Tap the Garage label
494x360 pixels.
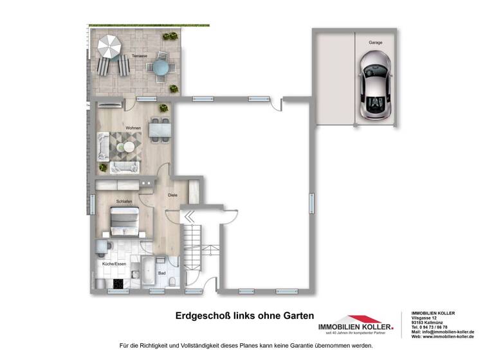tap(376, 42)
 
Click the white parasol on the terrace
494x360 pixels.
tap(110, 46)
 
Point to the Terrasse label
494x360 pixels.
tap(139, 56)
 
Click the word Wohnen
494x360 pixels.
tap(133, 128)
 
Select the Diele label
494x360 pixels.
tap(172, 195)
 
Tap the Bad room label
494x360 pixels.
tap(161, 273)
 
